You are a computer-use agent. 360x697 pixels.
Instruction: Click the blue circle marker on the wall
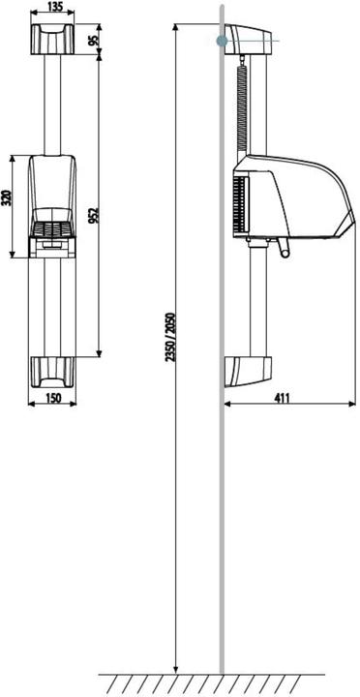tap(223, 41)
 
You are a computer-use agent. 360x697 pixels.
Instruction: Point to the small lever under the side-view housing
tap(282, 252)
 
